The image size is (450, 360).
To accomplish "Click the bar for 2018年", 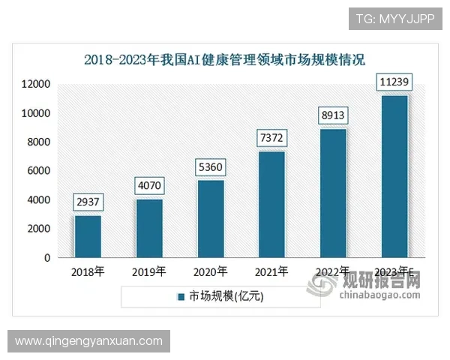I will pyautogui.click(x=88, y=236).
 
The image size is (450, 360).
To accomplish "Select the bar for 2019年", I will pyautogui.click(x=149, y=228).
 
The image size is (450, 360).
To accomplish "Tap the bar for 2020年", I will pyautogui.click(x=211, y=218).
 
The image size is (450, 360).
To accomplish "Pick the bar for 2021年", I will pyautogui.click(x=272, y=204).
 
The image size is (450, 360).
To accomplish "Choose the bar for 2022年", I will pyautogui.click(x=334, y=193).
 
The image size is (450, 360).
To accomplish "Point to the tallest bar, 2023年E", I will pyautogui.click(x=394, y=176).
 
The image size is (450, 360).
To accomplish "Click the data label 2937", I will pyautogui.click(x=88, y=201).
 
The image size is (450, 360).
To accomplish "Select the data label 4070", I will pyautogui.click(x=150, y=184).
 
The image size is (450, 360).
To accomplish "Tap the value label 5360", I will pyautogui.click(x=211, y=166).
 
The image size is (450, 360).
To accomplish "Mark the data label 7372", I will pyautogui.click(x=272, y=137).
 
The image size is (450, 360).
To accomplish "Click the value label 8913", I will pyautogui.click(x=334, y=115).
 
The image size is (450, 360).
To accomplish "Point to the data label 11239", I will pyautogui.click(x=394, y=81).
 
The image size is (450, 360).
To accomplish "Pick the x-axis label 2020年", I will pyautogui.click(x=211, y=271).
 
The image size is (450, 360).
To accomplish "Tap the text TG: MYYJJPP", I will pyautogui.click(x=394, y=18).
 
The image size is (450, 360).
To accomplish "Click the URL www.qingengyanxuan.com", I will pyautogui.click(x=89, y=341).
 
